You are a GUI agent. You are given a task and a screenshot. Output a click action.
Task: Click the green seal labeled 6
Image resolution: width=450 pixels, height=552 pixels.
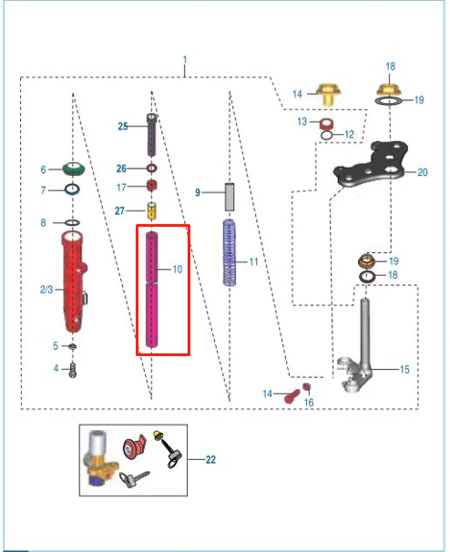(x=73, y=169)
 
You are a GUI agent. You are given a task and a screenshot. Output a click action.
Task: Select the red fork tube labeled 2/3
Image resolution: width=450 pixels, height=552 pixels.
(x=74, y=281)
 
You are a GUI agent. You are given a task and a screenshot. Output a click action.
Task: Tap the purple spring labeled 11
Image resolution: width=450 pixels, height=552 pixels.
(x=230, y=252)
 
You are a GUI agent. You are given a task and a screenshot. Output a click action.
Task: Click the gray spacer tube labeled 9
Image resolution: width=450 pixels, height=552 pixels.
(x=230, y=197)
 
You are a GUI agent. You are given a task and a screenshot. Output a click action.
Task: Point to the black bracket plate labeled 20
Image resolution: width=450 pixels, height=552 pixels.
(x=371, y=165)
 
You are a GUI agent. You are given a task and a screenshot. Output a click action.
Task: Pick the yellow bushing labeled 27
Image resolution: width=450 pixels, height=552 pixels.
(x=151, y=211)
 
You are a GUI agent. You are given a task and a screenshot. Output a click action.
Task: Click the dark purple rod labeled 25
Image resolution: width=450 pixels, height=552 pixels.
(x=152, y=135)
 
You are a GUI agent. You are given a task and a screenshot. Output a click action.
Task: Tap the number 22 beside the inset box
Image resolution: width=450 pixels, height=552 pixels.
(x=210, y=459)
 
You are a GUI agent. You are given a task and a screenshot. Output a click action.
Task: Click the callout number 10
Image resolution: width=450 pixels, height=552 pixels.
(x=178, y=270)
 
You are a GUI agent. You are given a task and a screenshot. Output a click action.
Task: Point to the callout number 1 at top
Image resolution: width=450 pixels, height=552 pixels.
(x=185, y=60)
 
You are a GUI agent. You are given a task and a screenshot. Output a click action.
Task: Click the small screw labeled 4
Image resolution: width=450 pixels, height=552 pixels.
(x=73, y=370)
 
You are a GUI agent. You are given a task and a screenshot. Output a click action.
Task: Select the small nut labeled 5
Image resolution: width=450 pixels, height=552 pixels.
(x=73, y=346)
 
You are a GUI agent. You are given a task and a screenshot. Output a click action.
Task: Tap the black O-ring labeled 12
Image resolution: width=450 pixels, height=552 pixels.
(x=326, y=135)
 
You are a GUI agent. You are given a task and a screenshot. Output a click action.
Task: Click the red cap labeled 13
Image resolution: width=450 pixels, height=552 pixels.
(x=326, y=124)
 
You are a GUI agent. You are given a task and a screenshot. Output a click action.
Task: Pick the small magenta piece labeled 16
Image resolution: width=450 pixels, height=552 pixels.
(x=307, y=387)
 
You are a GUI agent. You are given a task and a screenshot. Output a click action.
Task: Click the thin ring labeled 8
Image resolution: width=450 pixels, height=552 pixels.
(x=72, y=222)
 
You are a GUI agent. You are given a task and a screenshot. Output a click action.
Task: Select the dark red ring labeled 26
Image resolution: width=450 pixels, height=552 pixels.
(x=151, y=169)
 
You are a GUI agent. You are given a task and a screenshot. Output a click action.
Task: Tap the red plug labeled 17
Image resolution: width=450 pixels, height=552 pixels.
(x=152, y=185)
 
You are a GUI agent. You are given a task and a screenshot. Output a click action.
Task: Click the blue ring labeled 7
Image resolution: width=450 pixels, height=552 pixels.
(x=72, y=189)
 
